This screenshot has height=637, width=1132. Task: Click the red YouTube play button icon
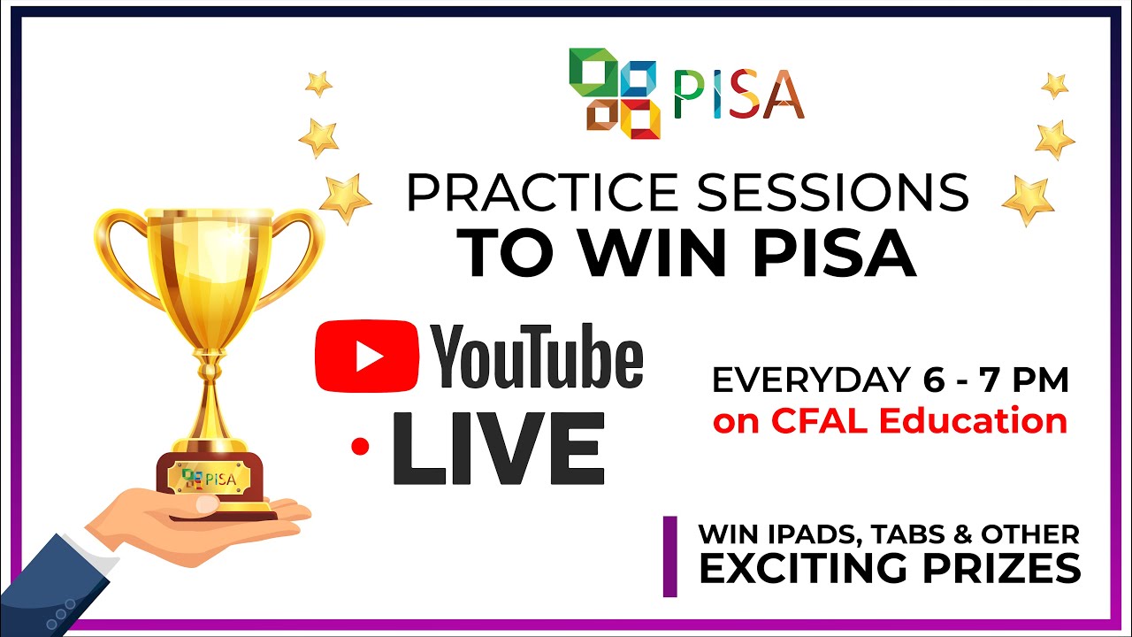pos(367,357)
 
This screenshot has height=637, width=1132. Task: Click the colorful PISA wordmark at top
pos(738,94)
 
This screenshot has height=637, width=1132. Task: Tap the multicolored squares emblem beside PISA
pos(616,93)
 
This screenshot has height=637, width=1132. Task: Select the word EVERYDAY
pos(807,380)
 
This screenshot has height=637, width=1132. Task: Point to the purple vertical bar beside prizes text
pos(670,556)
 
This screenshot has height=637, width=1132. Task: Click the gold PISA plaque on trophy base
pos(210,479)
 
